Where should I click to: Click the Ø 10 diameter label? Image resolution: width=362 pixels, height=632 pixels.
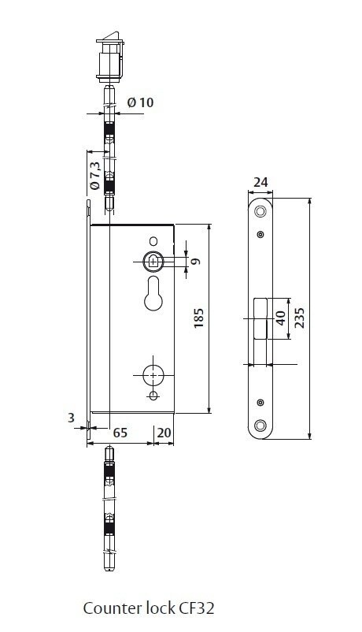tap(140, 102)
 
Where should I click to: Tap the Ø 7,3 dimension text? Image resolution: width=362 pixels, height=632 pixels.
tap(94, 176)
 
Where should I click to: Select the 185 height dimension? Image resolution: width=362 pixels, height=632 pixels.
tap(198, 318)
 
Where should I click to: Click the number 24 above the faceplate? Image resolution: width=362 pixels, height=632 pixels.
tap(260, 182)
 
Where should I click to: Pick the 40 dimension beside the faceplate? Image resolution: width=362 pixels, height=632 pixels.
tap(281, 318)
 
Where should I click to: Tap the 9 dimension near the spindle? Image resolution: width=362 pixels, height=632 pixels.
tap(196, 261)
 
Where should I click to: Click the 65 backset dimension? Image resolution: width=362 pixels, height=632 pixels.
tap(120, 433)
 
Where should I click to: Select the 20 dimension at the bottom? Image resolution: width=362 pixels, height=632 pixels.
tap(164, 433)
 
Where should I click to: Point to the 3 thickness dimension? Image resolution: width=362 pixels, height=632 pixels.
tap(71, 418)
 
